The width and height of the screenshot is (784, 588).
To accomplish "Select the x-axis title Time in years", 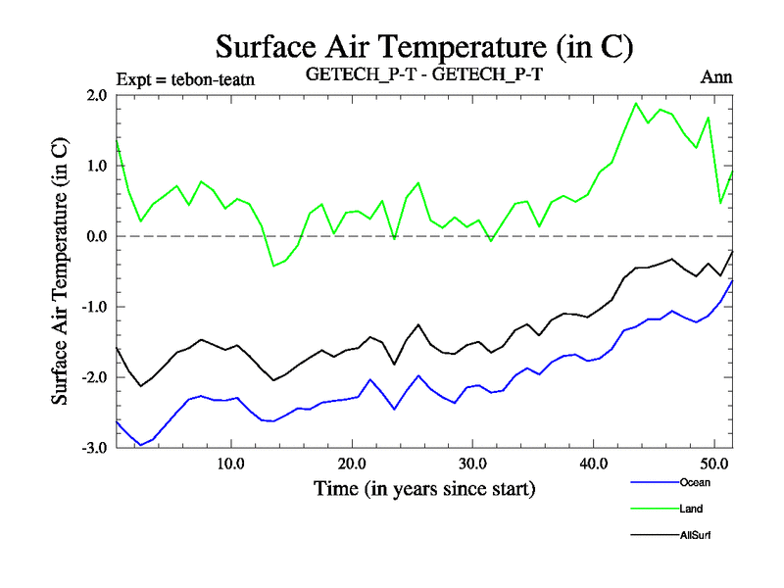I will click(424, 487).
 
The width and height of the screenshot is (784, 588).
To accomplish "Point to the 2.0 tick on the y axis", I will click(96, 95).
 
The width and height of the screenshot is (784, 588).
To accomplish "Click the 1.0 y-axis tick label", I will click(96, 166).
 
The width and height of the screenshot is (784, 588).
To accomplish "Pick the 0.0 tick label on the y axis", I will click(96, 236).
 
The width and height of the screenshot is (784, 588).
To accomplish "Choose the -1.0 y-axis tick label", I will click(93, 307).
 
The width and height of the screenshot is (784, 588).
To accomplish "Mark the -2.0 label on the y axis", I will click(93, 377).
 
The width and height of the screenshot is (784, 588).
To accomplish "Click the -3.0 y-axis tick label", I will click(93, 448).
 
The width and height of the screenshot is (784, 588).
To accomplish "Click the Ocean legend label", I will click(694, 482).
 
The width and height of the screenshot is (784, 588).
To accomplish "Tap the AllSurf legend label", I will click(695, 535).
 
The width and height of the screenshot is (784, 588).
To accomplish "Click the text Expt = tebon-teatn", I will click(185, 79).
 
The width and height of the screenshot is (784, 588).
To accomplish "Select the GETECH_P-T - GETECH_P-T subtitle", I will click(424, 74).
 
